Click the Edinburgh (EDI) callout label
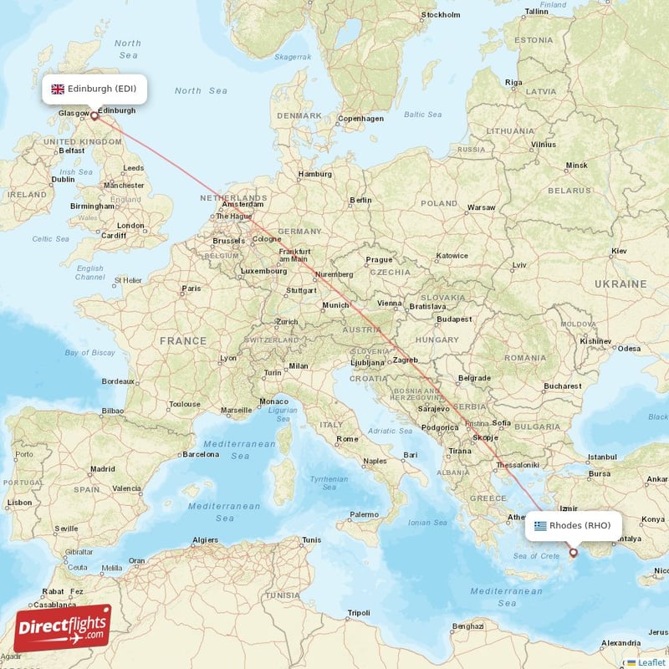pos(94,89)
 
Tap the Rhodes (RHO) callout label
pos(578,526)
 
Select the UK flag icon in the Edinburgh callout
pos(58,89)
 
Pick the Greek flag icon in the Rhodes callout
pos(540,526)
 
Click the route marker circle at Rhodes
pos(573,552)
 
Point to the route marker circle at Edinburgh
pos(94,116)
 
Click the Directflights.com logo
pos(63,628)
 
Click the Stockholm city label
pos(441,15)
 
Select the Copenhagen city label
pos(360,119)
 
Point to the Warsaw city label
pos(481,207)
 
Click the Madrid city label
pos(102,469)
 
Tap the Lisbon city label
pos(19,503)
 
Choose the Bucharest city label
pos(561,386)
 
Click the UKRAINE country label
pos(620,284)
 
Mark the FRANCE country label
pos(183,341)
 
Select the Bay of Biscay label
pos(89,353)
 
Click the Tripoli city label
pos(358,613)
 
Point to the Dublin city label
pos(63,179)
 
